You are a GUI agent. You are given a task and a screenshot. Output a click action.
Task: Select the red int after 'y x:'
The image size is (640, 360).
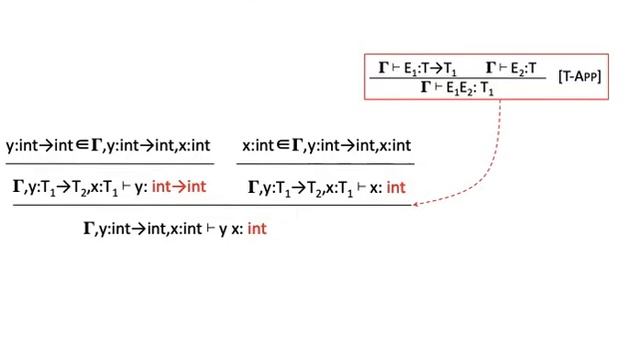point(257,229)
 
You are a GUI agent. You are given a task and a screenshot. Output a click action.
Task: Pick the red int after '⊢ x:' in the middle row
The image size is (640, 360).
point(396,186)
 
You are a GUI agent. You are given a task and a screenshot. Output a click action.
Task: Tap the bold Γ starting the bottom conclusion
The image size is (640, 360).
point(89,229)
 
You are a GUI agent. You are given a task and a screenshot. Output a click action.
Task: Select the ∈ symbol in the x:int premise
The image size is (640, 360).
point(283,146)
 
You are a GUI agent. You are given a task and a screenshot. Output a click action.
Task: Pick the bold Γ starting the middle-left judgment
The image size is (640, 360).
point(18,186)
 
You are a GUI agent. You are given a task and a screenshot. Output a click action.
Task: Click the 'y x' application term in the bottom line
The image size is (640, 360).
point(227,229)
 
